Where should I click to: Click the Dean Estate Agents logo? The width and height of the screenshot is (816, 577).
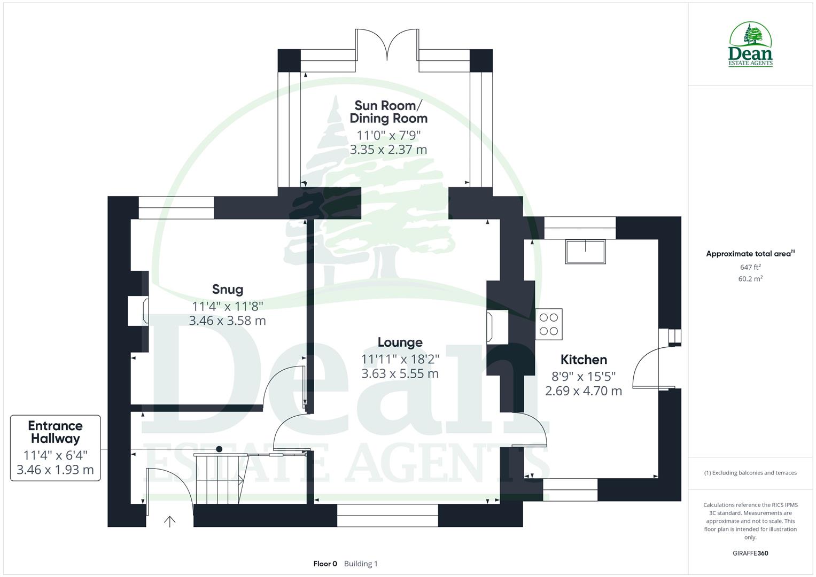click(x=750, y=45)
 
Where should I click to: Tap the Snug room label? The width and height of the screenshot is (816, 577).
click(x=228, y=290)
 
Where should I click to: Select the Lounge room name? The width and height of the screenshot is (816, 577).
click(x=400, y=342)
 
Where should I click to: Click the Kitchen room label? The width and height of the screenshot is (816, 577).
click(x=584, y=360)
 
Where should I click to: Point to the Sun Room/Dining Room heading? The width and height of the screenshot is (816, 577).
click(x=388, y=112)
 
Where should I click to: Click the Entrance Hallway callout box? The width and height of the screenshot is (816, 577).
click(x=56, y=448)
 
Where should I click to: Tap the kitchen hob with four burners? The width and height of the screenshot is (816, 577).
click(x=549, y=324)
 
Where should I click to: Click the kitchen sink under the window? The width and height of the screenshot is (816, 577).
click(x=586, y=252)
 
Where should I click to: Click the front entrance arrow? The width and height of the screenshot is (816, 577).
click(x=169, y=521)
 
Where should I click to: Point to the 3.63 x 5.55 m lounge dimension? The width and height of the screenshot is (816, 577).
click(x=400, y=373)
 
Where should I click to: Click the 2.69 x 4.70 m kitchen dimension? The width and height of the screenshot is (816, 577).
click(x=584, y=391)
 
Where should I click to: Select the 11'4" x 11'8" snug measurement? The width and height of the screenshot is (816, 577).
click(x=228, y=306)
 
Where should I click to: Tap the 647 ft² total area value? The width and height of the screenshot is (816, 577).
click(x=750, y=267)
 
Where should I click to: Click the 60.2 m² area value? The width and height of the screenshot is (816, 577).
click(x=750, y=278)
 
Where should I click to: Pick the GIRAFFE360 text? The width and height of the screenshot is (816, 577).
click(x=750, y=553)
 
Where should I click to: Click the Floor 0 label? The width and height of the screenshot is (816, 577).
click(x=325, y=564)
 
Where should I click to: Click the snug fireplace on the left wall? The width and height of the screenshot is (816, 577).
click(x=138, y=311)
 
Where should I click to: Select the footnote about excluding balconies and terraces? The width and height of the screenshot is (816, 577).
click(x=750, y=473)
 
